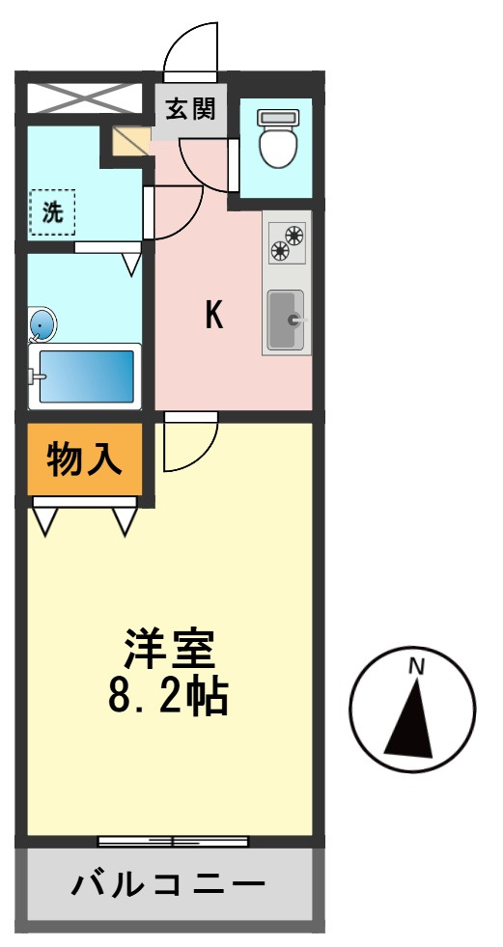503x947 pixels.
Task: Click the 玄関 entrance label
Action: [190, 110]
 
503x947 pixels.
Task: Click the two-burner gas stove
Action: [288, 241]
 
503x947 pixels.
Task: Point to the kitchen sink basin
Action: [286, 320]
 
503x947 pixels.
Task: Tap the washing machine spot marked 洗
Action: [52, 212]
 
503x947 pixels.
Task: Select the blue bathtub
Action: [86, 376]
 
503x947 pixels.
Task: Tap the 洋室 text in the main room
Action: [169, 651]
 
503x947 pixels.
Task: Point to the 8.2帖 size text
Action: [168, 698]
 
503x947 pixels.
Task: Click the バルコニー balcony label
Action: [169, 886]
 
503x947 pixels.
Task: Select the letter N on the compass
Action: [416, 667]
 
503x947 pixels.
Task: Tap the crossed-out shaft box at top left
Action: [85, 98]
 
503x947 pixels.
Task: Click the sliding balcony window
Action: [174, 842]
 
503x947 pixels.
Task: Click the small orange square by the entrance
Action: [131, 141]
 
